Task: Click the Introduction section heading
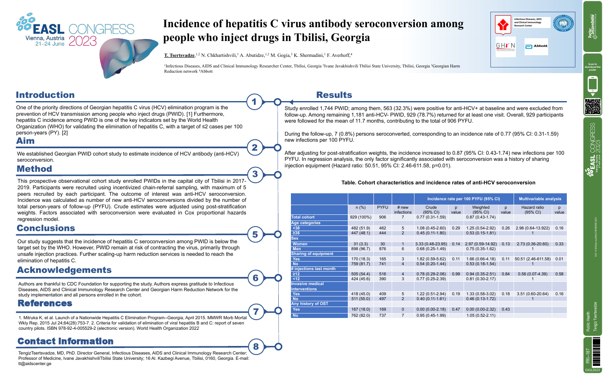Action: coord(45,95)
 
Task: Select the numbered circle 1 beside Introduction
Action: coord(255,102)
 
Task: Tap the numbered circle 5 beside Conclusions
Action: coord(255,234)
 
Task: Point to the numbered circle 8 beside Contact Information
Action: coord(256,346)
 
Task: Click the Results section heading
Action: coord(334,95)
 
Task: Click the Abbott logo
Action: coord(536,46)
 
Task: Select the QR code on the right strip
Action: coord(592,106)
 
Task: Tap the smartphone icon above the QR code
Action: coord(592,84)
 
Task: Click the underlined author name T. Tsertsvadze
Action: coord(179,55)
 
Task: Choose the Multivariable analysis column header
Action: coord(540,199)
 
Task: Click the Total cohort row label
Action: coord(303,217)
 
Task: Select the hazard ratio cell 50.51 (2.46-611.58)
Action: coord(532,259)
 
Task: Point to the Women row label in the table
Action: coord(300,244)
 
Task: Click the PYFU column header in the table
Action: coord(382,207)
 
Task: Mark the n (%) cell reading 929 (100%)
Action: coord(360,217)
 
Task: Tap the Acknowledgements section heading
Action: coord(64,270)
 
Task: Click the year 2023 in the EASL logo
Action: coord(83,41)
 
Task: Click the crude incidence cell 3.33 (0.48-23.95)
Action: coord(431,244)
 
